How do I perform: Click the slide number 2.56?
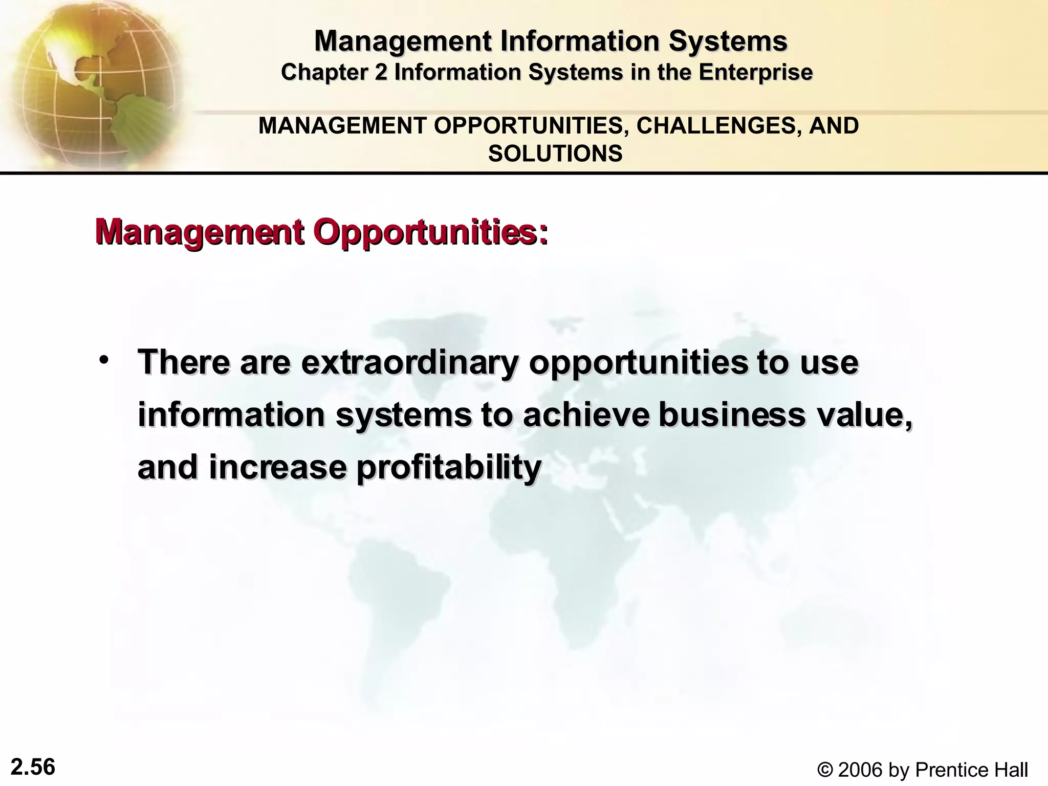[33, 768]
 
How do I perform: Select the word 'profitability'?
[448, 468]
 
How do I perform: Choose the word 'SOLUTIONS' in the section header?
[555, 154]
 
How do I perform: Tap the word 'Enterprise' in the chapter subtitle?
[755, 72]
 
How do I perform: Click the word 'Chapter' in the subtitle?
[324, 72]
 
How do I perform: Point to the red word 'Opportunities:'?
[430, 233]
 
